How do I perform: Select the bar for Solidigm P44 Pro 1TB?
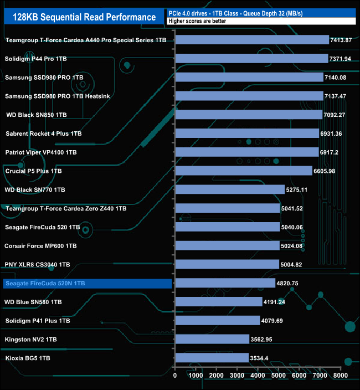tap(252, 59)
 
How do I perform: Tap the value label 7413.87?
tap(346, 40)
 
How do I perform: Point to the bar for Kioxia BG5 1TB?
tap(212, 358)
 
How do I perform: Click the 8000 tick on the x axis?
tap(340, 375)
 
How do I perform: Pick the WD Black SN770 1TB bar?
tap(230, 189)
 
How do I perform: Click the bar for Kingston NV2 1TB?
tap(212, 339)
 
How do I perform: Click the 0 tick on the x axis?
tap(176, 375)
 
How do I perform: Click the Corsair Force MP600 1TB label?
tap(40, 246)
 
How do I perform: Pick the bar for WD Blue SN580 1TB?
tap(219, 302)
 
